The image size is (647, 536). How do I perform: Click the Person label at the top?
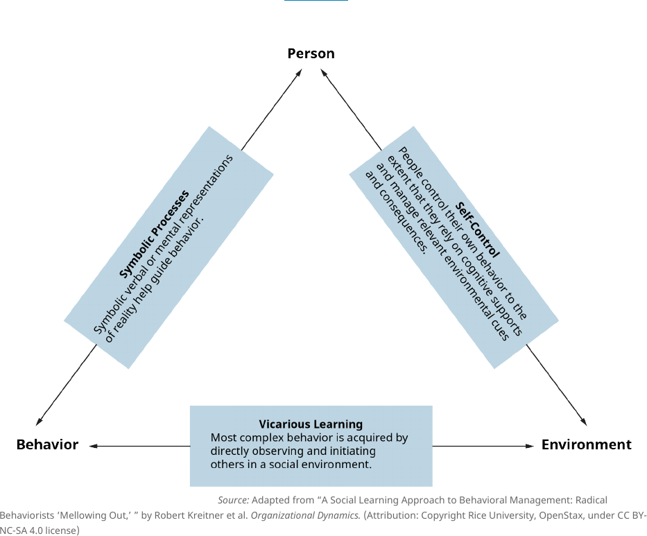[311, 53]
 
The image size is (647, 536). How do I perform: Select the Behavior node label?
[47, 444]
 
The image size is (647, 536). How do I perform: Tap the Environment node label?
[586, 444]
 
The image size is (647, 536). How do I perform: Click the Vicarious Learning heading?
[311, 424]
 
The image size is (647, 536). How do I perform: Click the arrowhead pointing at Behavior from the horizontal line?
[93, 446]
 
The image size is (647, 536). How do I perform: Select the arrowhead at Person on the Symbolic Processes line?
[299, 71]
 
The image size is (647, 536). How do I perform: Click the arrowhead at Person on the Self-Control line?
[323, 71]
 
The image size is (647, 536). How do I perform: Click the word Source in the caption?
[233, 500]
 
